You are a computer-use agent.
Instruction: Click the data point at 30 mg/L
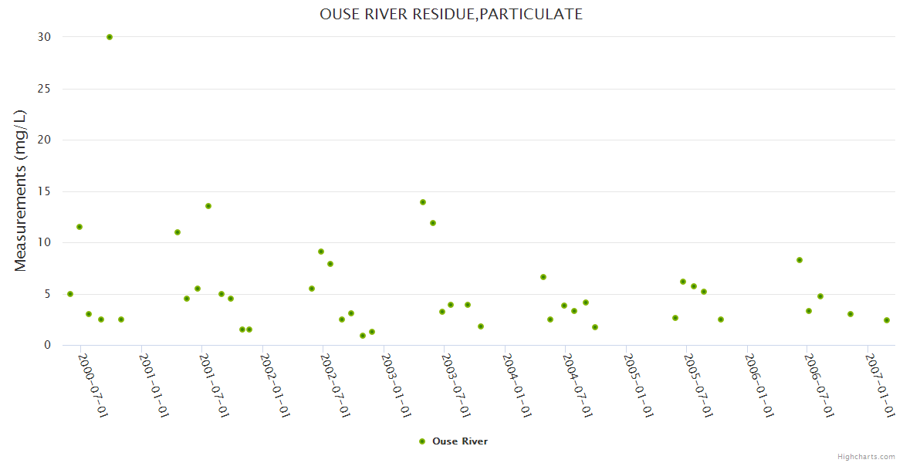coord(110,37)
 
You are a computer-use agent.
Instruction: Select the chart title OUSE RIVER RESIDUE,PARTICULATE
coord(451,14)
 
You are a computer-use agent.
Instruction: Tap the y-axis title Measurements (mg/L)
coord(21,190)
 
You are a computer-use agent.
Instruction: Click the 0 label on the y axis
coord(47,346)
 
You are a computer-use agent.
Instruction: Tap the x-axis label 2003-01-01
coord(396,386)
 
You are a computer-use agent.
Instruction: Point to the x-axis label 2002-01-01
coord(275,386)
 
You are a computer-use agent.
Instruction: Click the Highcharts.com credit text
coord(866,457)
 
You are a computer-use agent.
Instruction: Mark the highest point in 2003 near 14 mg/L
coord(423,202)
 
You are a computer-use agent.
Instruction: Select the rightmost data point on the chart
coord(887,320)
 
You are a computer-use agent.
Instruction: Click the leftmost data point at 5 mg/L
coord(70,294)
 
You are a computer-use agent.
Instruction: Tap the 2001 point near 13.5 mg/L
coord(208,206)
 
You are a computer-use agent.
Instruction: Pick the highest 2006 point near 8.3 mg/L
coord(800,260)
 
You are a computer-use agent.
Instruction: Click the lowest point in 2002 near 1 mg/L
coord(363,336)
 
